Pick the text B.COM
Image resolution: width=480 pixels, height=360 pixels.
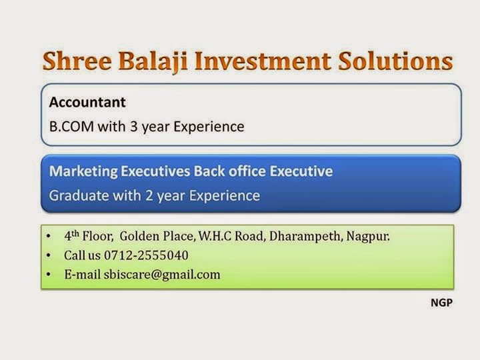(69, 125)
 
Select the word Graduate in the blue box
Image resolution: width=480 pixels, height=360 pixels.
(75, 196)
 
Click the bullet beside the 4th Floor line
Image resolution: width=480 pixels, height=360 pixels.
(49, 236)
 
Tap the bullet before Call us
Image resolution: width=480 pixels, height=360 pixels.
(49, 255)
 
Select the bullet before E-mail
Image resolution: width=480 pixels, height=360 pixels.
(49, 274)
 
